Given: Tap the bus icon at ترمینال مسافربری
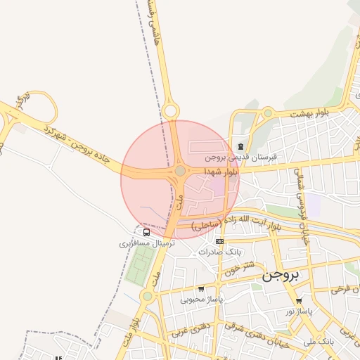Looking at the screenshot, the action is pos(146,232).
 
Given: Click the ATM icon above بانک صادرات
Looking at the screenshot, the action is pos(220,241).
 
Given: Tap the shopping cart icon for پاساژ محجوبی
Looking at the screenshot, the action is pos(202,288).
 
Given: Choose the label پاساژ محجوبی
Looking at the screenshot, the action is pos(201,299).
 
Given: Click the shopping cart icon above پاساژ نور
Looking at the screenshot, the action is pos(299,300).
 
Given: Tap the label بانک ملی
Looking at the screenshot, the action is pos(321,341).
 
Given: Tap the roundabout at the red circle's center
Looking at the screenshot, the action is pos(180,171).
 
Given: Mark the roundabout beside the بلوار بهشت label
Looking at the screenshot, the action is pos(267,112).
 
